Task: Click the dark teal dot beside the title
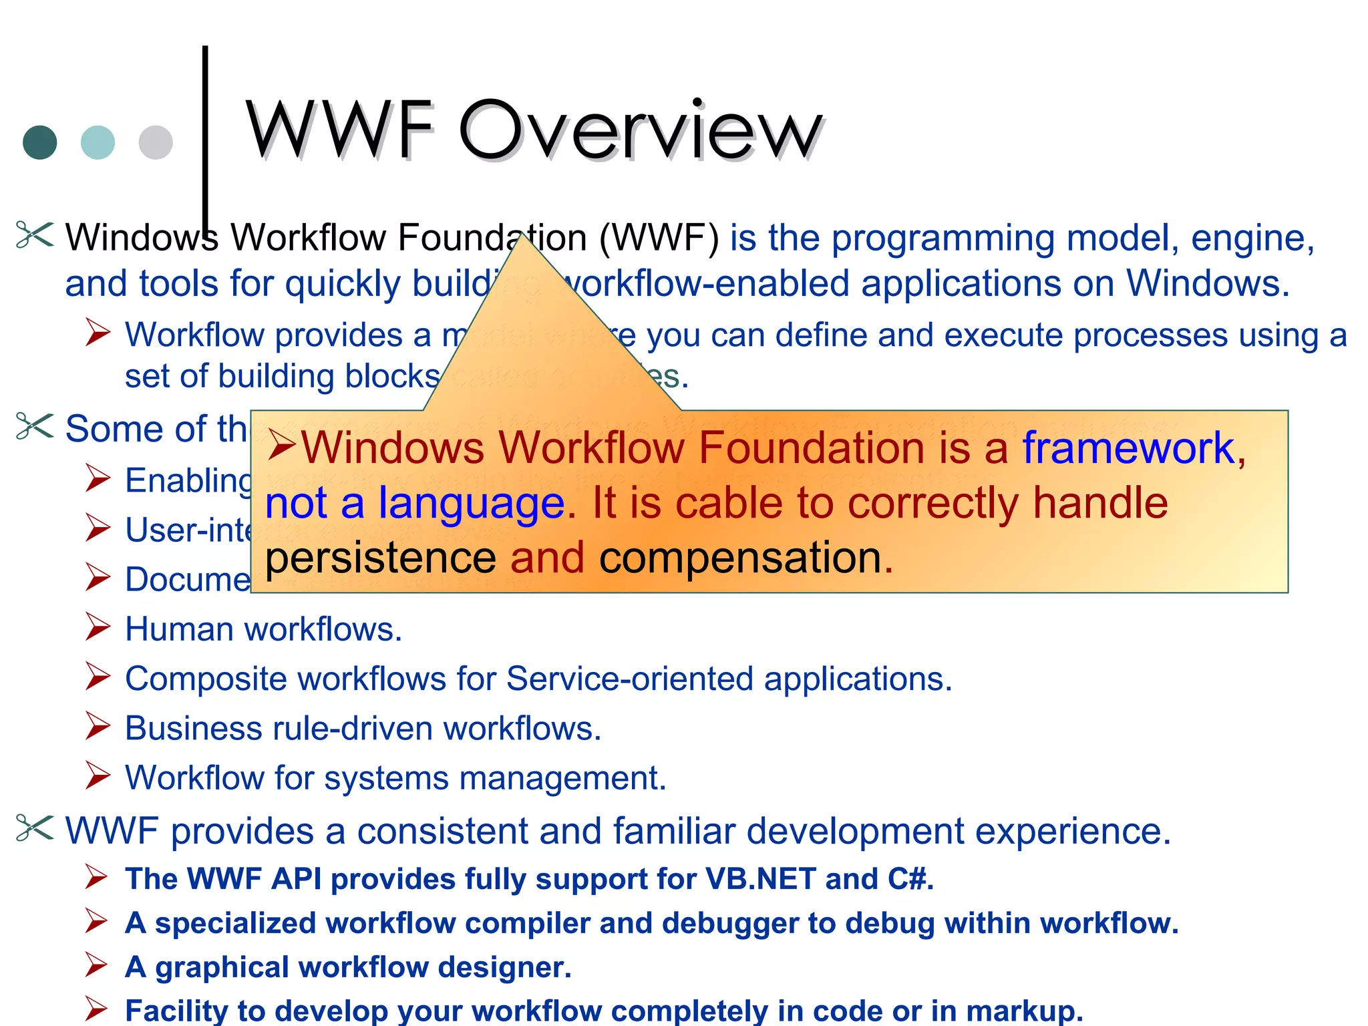click(40, 142)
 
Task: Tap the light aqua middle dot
click(98, 142)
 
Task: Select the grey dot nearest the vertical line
click(156, 142)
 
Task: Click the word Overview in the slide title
click(640, 130)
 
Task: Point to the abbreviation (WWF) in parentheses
click(659, 238)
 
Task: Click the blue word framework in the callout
click(1129, 448)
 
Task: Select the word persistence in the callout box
click(381, 558)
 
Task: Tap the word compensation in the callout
click(741, 558)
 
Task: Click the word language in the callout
click(472, 503)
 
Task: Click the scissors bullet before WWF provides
click(34, 829)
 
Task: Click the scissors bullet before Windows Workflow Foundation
click(34, 235)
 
